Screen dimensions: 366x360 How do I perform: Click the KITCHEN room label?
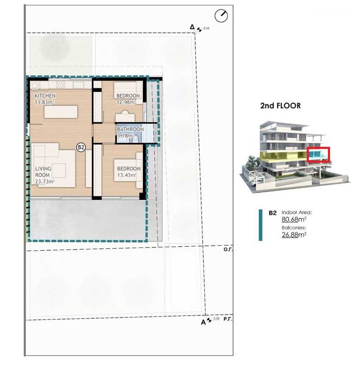(x=45, y=96)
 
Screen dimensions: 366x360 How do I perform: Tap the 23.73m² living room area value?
(x=45, y=181)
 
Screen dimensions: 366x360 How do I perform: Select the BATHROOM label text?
(x=130, y=129)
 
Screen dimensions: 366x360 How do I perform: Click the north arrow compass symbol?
(x=221, y=16)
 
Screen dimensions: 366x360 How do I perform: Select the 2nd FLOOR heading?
(x=280, y=106)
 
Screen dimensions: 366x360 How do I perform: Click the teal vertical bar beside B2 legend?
(x=261, y=225)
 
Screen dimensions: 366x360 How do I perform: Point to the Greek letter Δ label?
(x=192, y=27)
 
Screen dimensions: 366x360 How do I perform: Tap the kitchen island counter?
(x=61, y=112)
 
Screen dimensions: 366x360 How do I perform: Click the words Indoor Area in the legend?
(x=296, y=212)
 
